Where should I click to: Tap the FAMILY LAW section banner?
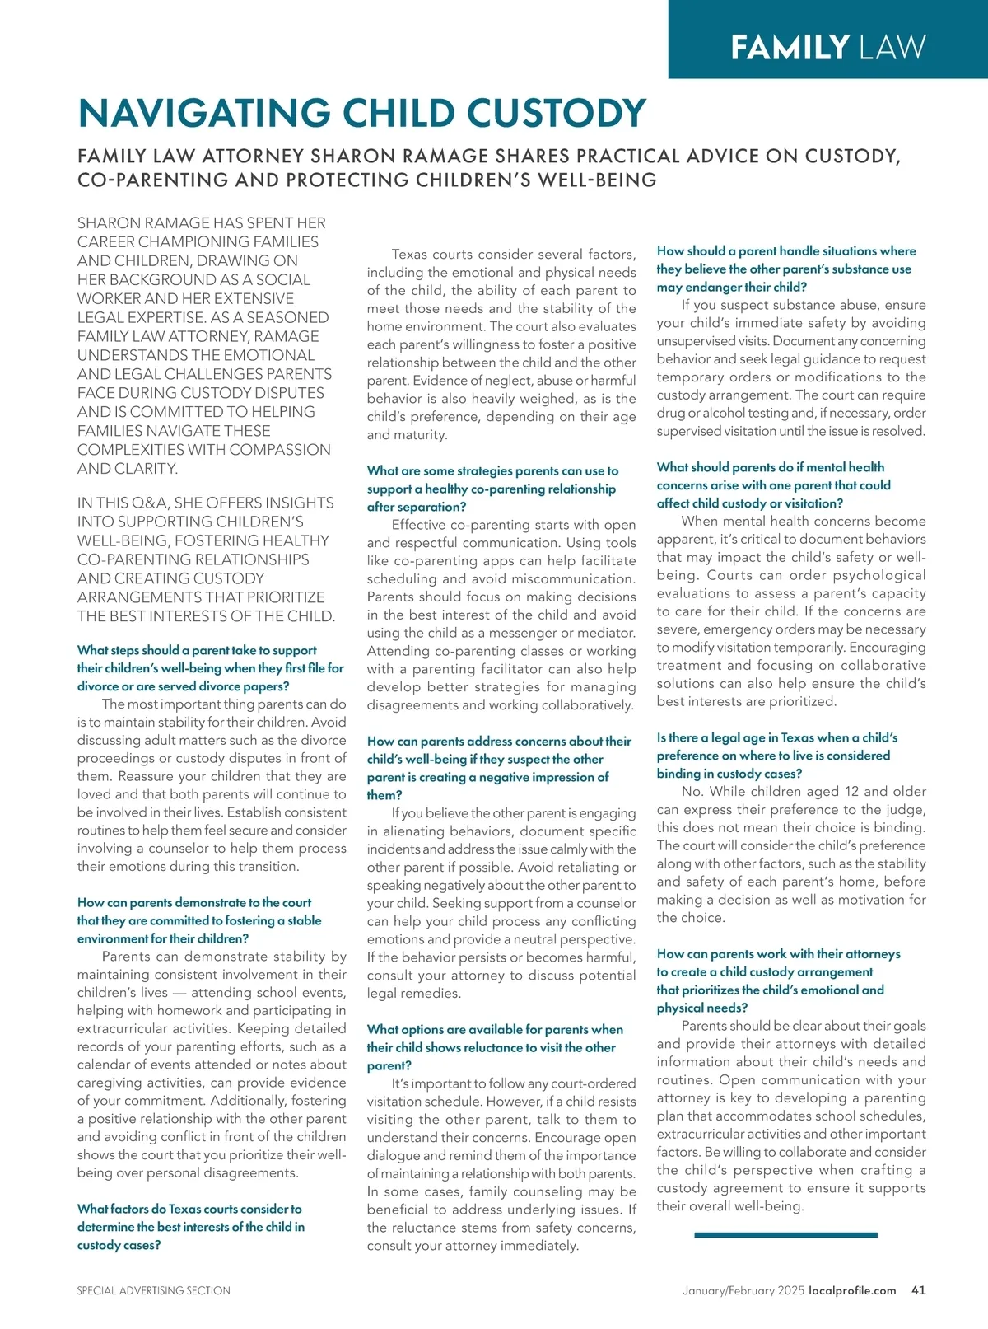[x=827, y=47]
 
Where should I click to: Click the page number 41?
[x=919, y=1290]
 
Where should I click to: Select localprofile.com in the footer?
[x=852, y=1290]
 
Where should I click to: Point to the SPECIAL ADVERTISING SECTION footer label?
[x=154, y=1290]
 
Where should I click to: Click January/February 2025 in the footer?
[x=743, y=1290]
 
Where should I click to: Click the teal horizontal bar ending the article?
[x=785, y=1235]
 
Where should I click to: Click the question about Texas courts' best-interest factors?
[x=190, y=1227]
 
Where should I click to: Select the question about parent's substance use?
[x=785, y=269]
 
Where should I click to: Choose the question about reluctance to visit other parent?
[x=494, y=1047]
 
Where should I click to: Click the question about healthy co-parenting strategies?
[x=492, y=489]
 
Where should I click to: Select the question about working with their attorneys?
[x=778, y=980]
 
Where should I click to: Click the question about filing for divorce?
[x=210, y=668]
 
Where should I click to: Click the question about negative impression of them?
[x=498, y=768]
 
